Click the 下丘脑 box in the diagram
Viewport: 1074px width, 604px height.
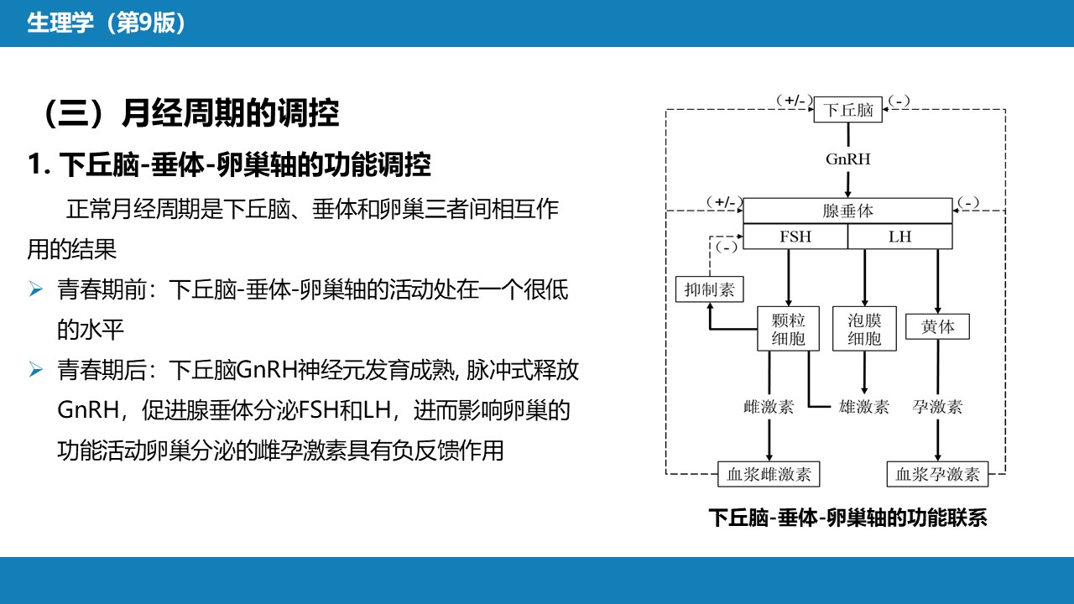[x=847, y=110]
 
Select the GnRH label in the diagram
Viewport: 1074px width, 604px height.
[x=847, y=159]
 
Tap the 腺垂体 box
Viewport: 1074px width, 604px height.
[x=847, y=211]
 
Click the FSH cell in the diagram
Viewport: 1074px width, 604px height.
[x=795, y=237]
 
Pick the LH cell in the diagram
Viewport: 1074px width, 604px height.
[x=900, y=237]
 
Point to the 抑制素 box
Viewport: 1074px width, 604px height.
[x=710, y=289]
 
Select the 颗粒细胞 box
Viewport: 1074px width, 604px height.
[x=788, y=329]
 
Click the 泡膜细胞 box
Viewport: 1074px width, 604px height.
[x=864, y=329]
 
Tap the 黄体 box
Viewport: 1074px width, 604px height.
[x=937, y=327]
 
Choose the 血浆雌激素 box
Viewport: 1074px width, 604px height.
[x=769, y=474]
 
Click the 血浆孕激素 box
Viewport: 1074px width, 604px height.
[x=937, y=474]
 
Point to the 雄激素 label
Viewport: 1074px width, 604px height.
[x=864, y=407]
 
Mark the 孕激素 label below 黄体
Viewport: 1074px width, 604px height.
[x=937, y=407]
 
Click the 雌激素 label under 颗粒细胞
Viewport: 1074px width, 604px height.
[x=769, y=407]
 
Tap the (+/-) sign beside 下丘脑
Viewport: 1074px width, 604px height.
[x=795, y=101]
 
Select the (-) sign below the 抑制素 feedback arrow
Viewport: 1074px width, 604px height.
[x=727, y=247]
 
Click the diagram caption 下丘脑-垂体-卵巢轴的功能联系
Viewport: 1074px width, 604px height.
[x=847, y=518]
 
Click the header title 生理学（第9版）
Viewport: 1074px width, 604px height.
[x=106, y=23]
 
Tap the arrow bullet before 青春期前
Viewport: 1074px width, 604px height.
[x=36, y=289]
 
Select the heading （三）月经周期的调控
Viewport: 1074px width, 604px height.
[x=191, y=113]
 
